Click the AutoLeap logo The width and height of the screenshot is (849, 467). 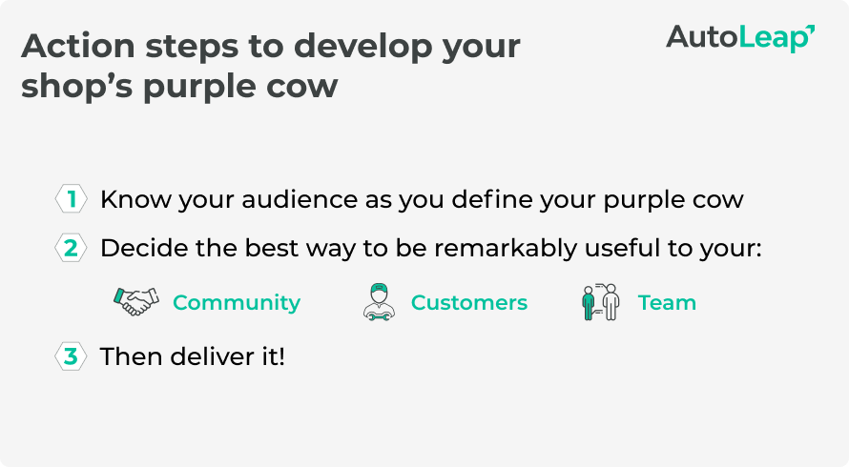(740, 38)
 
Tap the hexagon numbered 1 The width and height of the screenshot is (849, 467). (71, 199)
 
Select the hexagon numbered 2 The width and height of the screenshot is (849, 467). (71, 248)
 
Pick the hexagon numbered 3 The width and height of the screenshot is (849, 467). (71, 356)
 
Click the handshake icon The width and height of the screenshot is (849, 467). (136, 301)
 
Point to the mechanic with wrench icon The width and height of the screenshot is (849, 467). (379, 302)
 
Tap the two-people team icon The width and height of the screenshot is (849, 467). (600, 302)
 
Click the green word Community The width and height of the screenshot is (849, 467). (237, 302)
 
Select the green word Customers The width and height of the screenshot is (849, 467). (469, 302)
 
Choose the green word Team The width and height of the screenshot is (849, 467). (667, 302)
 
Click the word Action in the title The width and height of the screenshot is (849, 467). (78, 46)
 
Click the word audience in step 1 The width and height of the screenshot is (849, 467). (300, 200)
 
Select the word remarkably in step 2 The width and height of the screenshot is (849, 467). (506, 249)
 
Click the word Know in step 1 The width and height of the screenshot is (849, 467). (135, 200)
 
